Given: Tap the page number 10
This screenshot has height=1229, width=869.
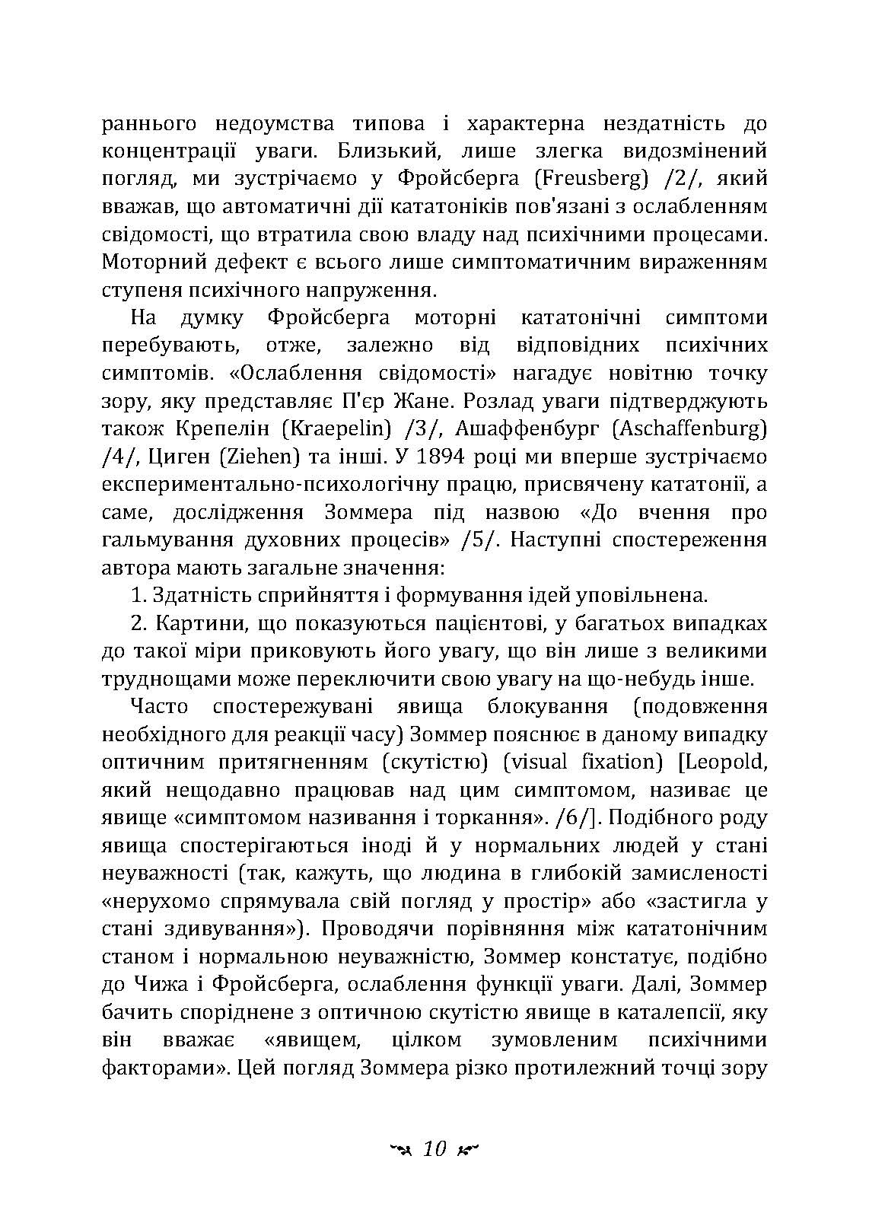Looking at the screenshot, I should [434, 1148].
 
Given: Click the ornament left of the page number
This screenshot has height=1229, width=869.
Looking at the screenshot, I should [400, 1149].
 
